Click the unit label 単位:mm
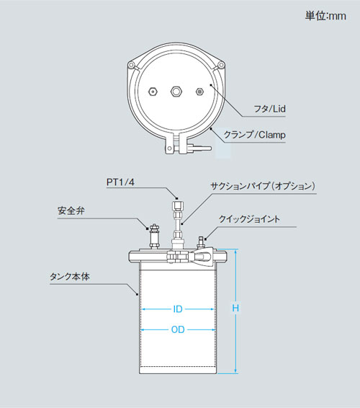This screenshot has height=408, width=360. coord(325,16)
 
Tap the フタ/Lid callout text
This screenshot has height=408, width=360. coord(269,109)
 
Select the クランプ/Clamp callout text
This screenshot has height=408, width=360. coord(254,135)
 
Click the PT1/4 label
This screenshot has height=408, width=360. coord(120,182)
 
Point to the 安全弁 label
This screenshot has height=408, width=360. coord(71,210)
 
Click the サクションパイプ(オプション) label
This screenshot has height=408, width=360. coord(263,186)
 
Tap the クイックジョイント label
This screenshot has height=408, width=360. coord(249,219)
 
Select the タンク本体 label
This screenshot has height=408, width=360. coord(70,276)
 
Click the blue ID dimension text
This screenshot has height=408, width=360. coord(178,309)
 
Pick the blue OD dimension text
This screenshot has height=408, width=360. coord(178,329)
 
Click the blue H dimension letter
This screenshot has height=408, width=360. coord(235,309)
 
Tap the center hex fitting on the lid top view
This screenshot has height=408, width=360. coord(176,92)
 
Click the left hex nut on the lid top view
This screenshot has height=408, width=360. coord(153,92)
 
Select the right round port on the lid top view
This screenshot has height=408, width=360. coord(199,92)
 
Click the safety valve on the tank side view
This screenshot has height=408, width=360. coord(154,236)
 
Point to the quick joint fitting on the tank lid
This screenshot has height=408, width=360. coord(201,242)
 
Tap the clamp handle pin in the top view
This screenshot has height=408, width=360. coord(170,148)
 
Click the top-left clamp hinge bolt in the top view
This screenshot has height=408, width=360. coord(132,65)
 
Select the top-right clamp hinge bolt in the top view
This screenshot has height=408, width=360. coord(221,64)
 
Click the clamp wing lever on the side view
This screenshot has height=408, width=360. coord(204,257)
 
